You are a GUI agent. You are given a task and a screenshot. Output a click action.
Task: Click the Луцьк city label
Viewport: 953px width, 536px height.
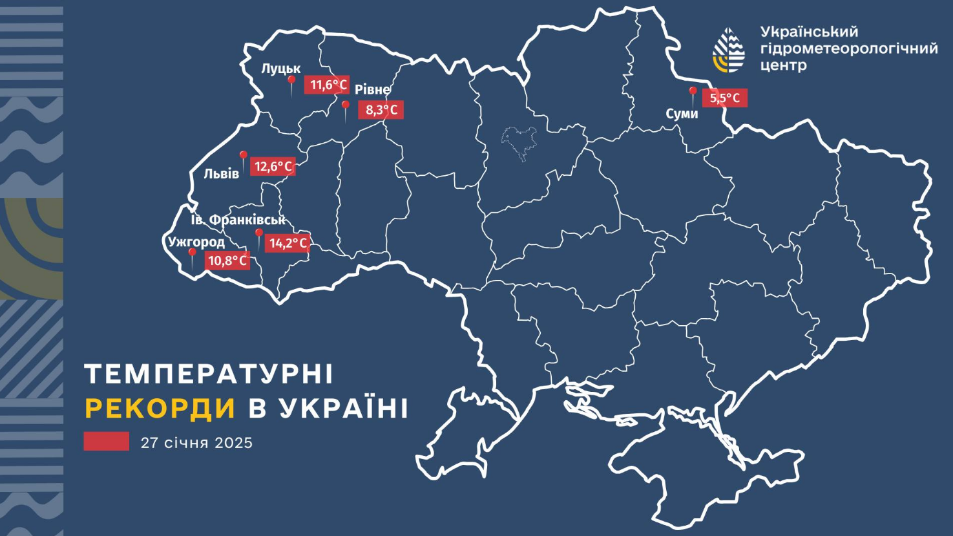point(281,69)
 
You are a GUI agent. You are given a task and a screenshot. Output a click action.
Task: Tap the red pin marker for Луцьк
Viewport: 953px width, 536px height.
point(291,81)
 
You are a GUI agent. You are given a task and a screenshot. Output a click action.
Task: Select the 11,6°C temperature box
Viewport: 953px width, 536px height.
point(328,85)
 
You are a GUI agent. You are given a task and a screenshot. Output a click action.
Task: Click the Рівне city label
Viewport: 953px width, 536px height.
point(373,90)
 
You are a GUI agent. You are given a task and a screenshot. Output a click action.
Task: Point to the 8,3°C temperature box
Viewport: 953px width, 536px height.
point(381,110)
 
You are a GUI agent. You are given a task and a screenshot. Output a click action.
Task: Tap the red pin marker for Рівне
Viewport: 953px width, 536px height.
point(346,107)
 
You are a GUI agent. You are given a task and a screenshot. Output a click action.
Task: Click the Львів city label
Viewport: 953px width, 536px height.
point(222,173)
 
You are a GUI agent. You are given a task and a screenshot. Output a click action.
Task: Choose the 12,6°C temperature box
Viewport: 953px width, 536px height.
point(273,166)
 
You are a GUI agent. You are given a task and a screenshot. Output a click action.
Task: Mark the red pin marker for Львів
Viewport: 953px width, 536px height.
point(244,157)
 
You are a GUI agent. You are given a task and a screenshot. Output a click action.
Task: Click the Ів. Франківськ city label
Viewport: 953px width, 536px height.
point(238,220)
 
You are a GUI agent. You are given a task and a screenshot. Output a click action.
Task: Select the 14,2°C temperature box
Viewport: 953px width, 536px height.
point(288,243)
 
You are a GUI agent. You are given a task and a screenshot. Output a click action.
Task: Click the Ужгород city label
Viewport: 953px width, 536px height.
point(196,242)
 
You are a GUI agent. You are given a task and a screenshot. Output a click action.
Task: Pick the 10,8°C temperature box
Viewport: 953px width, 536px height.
point(227,261)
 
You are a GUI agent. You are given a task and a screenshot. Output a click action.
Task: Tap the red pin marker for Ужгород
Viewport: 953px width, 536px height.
point(191,255)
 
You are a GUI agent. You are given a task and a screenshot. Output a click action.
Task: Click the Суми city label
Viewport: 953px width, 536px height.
point(682,114)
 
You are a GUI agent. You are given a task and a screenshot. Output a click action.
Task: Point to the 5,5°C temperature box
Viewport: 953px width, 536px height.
point(725,98)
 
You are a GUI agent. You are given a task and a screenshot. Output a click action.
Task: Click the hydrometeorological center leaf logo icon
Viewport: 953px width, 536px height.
point(729,50)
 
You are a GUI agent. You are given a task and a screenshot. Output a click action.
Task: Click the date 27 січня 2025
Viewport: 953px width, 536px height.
point(196,443)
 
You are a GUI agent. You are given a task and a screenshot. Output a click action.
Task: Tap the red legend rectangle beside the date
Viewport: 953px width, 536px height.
point(106,442)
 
